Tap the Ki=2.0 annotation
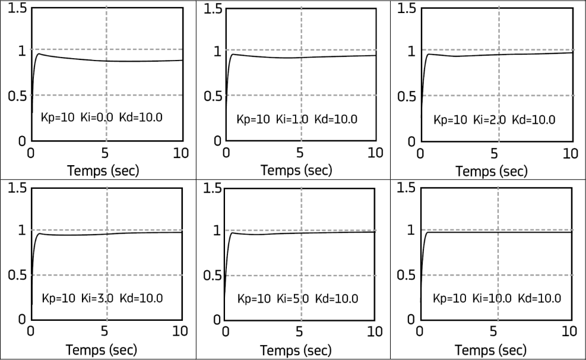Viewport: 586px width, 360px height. pyautogui.click(x=490, y=119)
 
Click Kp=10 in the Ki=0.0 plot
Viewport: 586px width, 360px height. pyautogui.click(x=58, y=118)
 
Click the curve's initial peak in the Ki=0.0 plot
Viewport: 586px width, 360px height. pyautogui.click(x=39, y=54)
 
